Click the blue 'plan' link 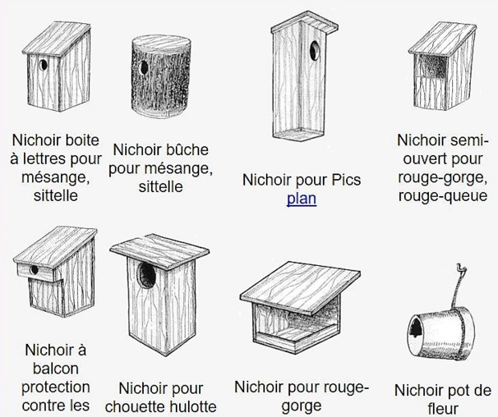click(302, 199)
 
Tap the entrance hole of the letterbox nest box click(41, 63)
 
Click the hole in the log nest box click(144, 66)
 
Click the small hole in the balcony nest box click(34, 268)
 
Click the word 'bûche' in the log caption click(186, 150)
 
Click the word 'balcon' click(56, 368)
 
